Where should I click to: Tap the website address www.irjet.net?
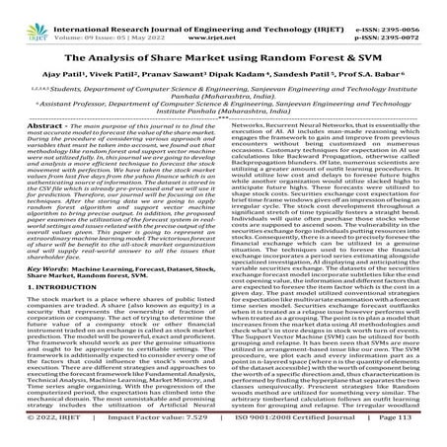[x=224, y=19]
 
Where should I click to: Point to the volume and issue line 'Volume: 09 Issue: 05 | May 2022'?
[x=105, y=19]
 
